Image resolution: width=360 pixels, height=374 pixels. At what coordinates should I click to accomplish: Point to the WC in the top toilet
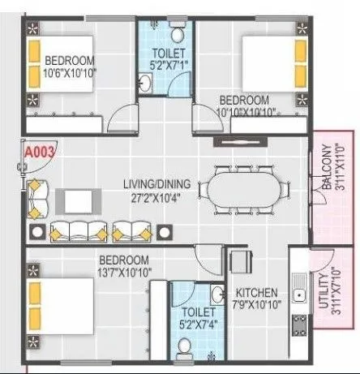[179, 32]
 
